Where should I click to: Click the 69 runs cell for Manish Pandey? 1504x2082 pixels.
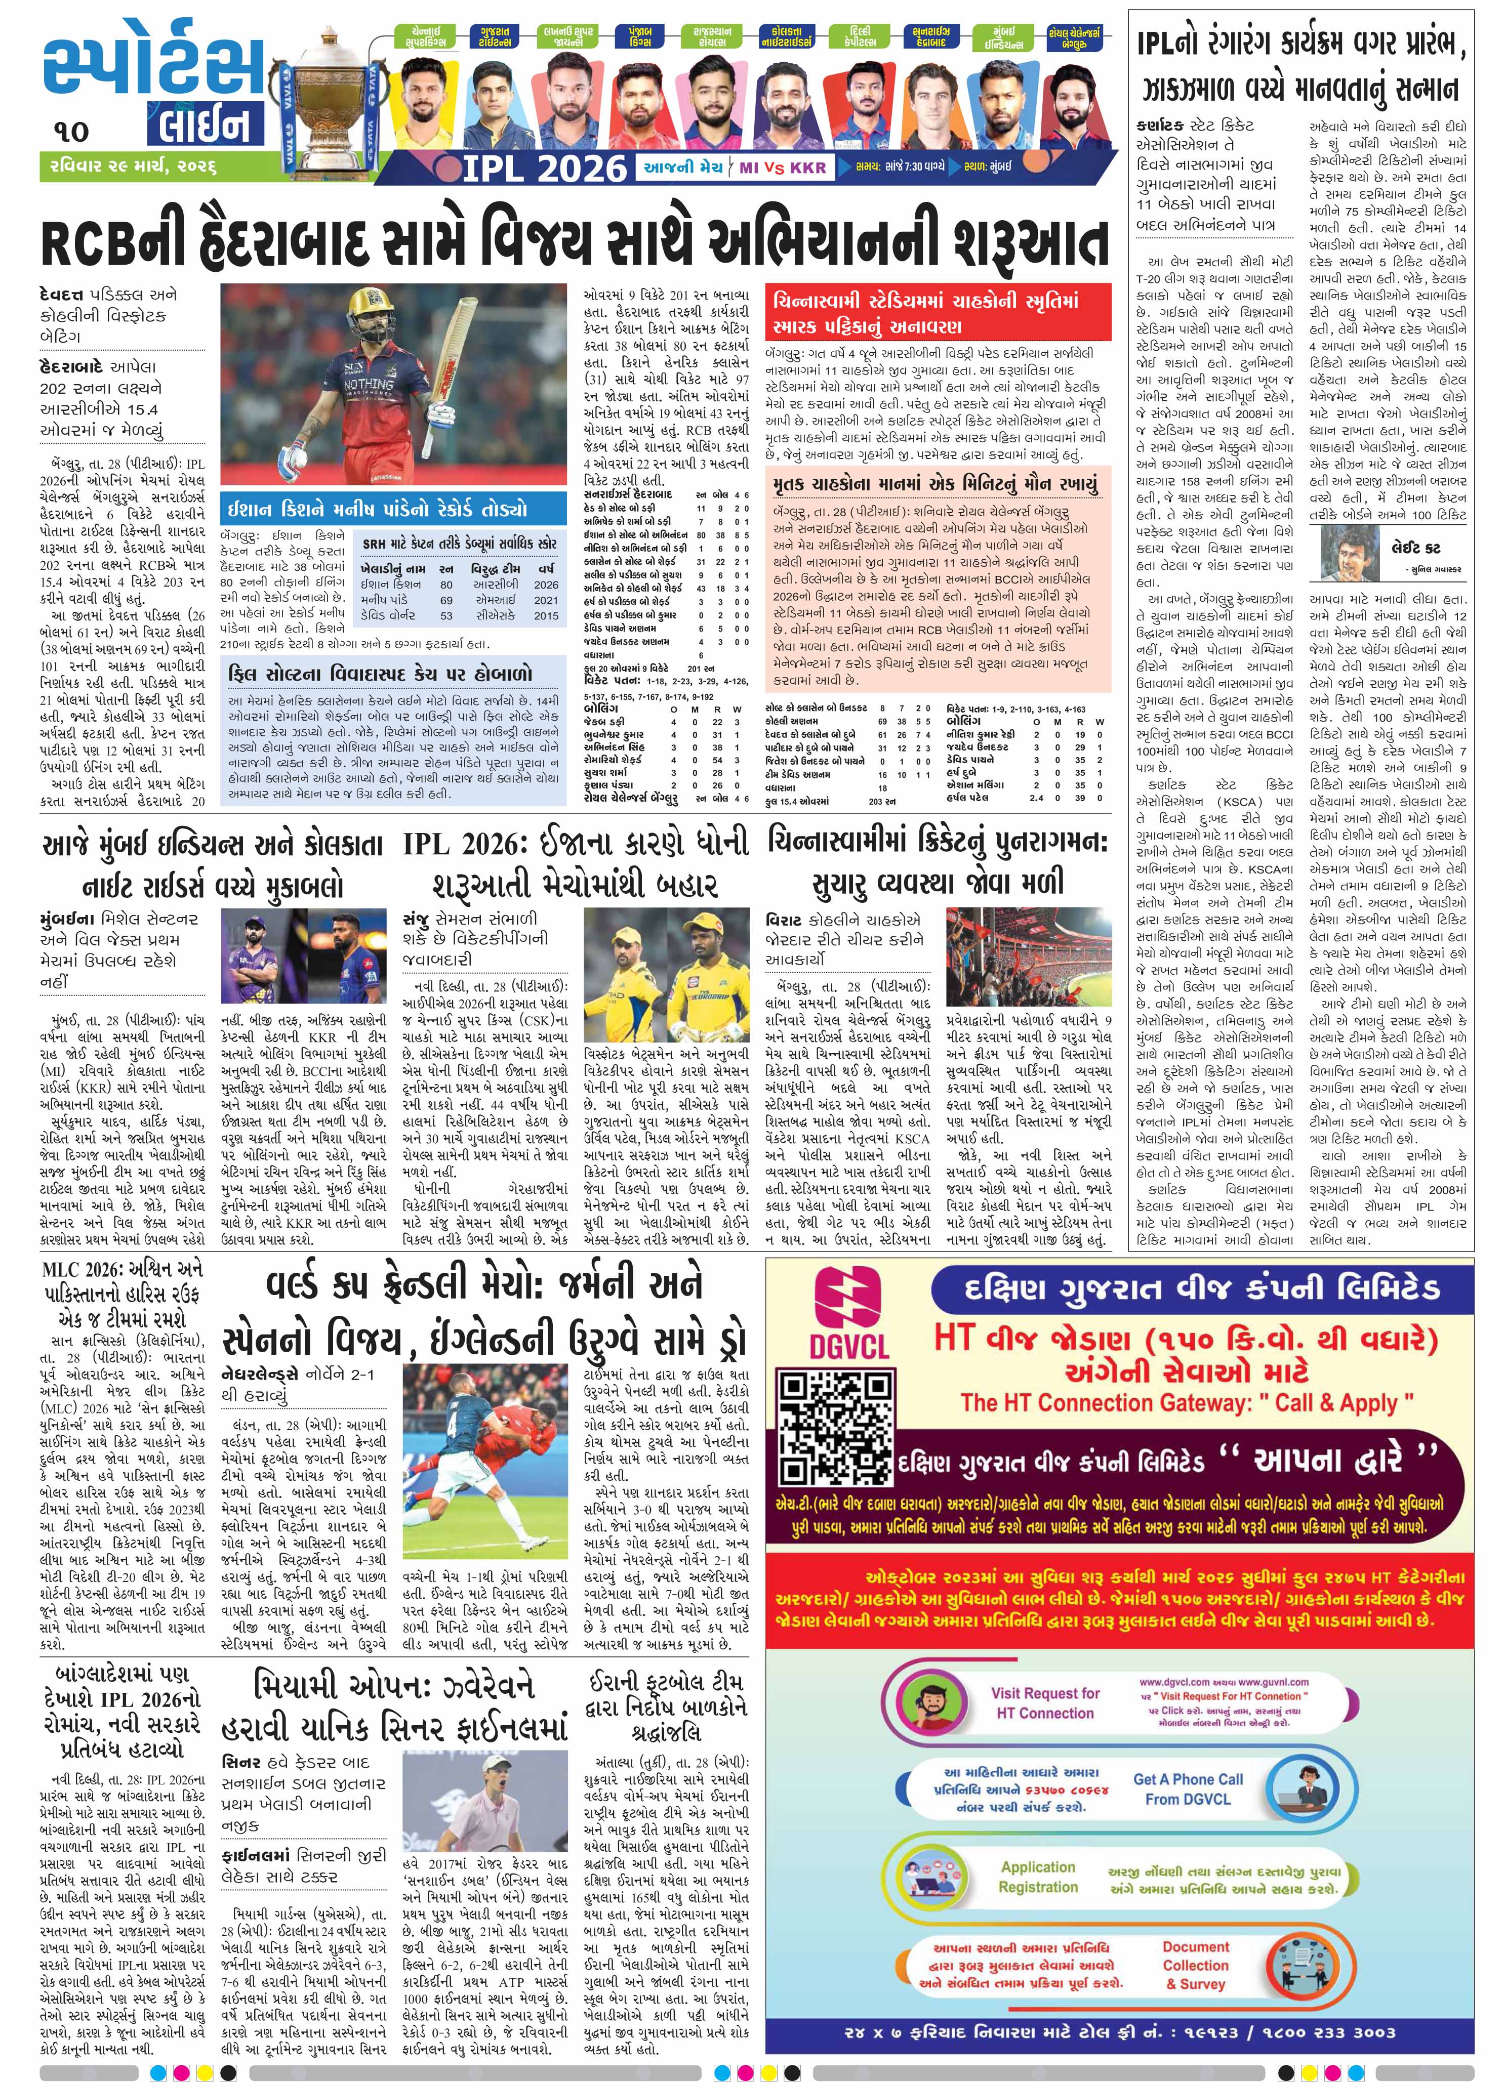click(x=446, y=599)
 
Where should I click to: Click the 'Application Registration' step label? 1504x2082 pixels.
click(x=1038, y=1877)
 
